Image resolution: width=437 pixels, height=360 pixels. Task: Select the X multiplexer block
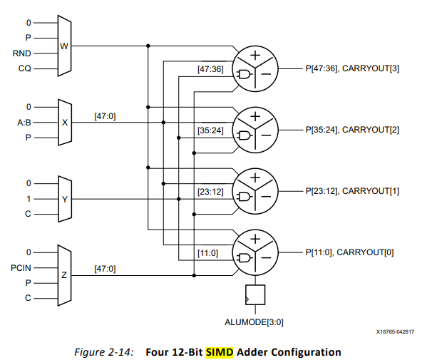point(64,122)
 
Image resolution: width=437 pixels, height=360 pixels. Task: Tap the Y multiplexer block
point(64,199)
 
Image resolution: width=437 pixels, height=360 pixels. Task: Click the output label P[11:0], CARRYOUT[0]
point(344,252)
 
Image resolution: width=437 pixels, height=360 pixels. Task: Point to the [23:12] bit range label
point(210,192)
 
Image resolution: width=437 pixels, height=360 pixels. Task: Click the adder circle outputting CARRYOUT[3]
point(257,68)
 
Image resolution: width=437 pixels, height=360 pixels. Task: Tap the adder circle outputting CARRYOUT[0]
point(257,252)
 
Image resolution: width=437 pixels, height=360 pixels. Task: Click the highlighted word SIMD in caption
point(220,351)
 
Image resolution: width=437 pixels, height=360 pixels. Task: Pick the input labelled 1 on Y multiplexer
point(30,199)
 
